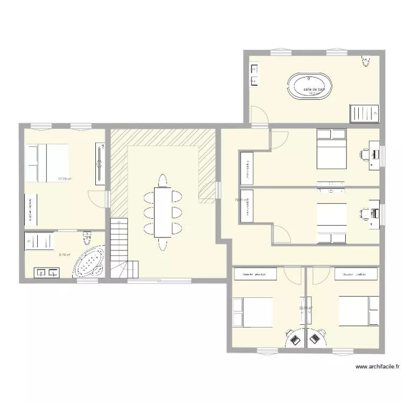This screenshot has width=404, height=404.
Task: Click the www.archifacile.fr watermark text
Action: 377,367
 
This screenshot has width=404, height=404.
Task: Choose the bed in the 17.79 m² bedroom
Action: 47,163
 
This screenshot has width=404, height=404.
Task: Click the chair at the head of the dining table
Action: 162,179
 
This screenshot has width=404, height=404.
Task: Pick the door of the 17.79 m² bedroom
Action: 97,198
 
